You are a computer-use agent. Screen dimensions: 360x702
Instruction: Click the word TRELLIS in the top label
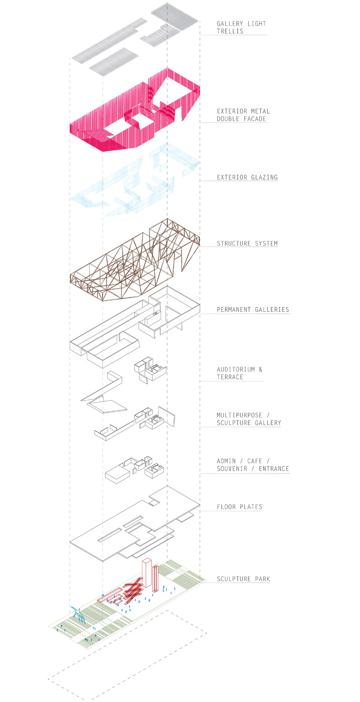click(230, 31)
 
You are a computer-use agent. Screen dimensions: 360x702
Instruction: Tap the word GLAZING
click(264, 177)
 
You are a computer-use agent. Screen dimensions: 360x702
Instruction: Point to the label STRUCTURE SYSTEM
click(247, 244)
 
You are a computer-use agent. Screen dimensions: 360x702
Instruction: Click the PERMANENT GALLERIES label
click(253, 310)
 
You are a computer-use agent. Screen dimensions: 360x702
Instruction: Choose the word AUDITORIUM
click(236, 369)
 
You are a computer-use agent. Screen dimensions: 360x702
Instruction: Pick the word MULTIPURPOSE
click(239, 415)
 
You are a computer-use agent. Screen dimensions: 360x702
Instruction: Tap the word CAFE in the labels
click(254, 461)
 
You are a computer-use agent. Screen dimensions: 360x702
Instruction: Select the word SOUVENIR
click(231, 469)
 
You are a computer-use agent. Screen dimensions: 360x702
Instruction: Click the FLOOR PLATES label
click(239, 507)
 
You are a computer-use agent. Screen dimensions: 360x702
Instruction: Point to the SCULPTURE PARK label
click(243, 579)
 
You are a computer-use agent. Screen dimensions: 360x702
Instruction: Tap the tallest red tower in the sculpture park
click(147, 573)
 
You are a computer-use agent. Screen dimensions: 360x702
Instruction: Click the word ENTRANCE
click(274, 469)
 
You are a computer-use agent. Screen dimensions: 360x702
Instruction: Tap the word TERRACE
click(230, 377)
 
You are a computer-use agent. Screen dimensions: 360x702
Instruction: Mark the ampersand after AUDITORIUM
click(261, 369)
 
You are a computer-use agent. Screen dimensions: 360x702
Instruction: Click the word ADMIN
click(226, 461)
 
